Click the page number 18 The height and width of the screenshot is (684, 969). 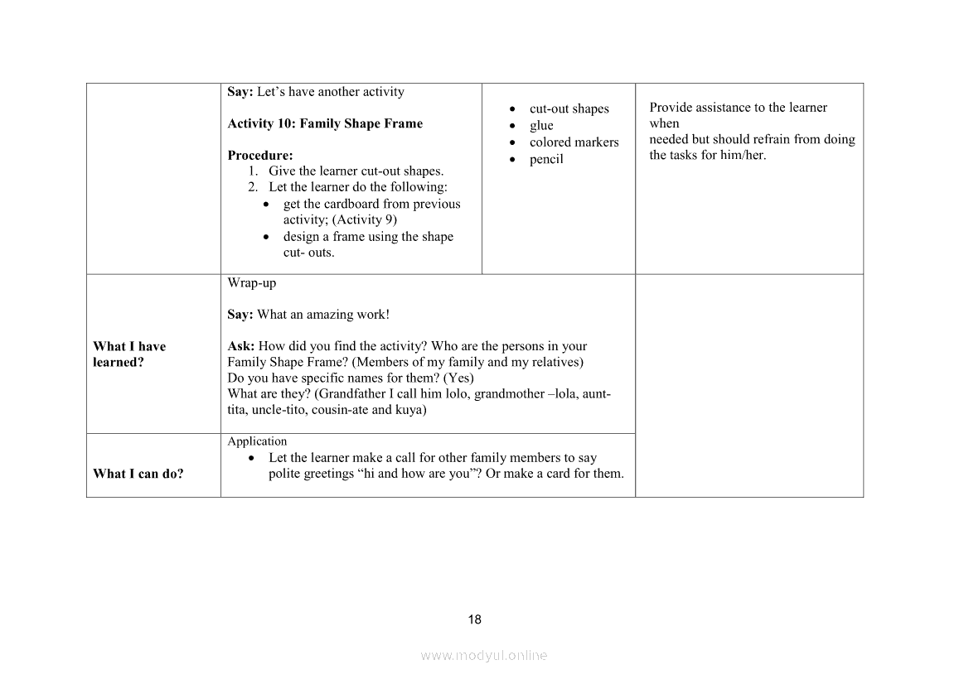click(474, 619)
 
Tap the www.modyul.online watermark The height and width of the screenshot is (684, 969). click(484, 655)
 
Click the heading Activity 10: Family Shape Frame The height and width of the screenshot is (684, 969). click(325, 123)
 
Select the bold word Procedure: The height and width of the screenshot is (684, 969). click(260, 155)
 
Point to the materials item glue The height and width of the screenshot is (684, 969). click(541, 125)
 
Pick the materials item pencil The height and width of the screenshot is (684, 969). click(546, 159)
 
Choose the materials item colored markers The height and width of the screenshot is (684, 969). click(574, 142)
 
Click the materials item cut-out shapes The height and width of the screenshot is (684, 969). click(569, 108)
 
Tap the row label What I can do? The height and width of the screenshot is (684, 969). click(138, 474)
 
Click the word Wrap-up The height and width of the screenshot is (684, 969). click(252, 282)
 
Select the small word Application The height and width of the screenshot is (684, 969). click(257, 441)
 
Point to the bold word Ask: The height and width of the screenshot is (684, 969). click(241, 346)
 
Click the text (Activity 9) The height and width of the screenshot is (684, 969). click(365, 219)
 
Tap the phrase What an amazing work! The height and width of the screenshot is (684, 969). click(323, 314)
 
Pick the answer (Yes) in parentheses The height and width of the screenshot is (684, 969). click(458, 378)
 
